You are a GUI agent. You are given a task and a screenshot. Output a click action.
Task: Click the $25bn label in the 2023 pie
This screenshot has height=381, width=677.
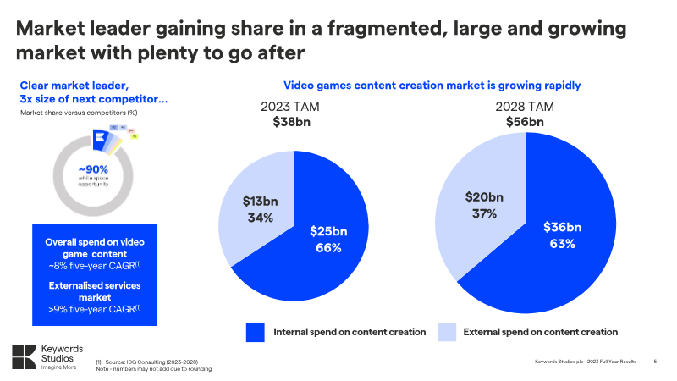(327, 231)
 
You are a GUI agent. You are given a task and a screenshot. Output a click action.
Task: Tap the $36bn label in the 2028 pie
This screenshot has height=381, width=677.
(562, 227)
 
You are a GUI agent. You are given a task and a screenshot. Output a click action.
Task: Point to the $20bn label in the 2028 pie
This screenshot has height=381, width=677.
(484, 196)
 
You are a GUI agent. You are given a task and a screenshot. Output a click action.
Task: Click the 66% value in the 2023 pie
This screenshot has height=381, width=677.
(327, 248)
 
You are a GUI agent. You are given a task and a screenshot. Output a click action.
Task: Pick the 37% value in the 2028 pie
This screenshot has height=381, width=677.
(484, 213)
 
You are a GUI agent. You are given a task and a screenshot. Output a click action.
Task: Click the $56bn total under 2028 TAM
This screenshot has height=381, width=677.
(525, 122)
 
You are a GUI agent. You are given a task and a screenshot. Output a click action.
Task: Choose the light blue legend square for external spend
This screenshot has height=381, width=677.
(447, 332)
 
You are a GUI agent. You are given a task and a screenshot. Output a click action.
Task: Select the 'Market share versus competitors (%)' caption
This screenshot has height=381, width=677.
(79, 113)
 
